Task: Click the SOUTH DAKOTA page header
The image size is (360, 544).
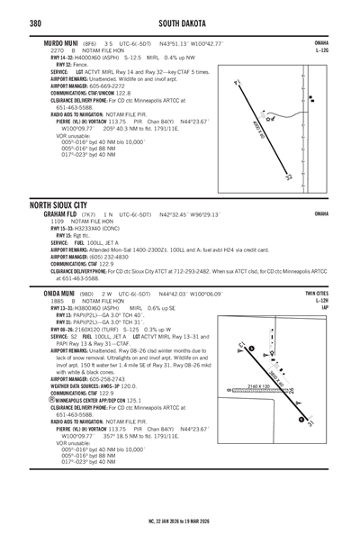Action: tap(184, 23)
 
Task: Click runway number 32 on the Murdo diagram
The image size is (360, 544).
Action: tap(289, 177)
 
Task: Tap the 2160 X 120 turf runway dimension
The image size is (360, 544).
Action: tap(257, 385)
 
